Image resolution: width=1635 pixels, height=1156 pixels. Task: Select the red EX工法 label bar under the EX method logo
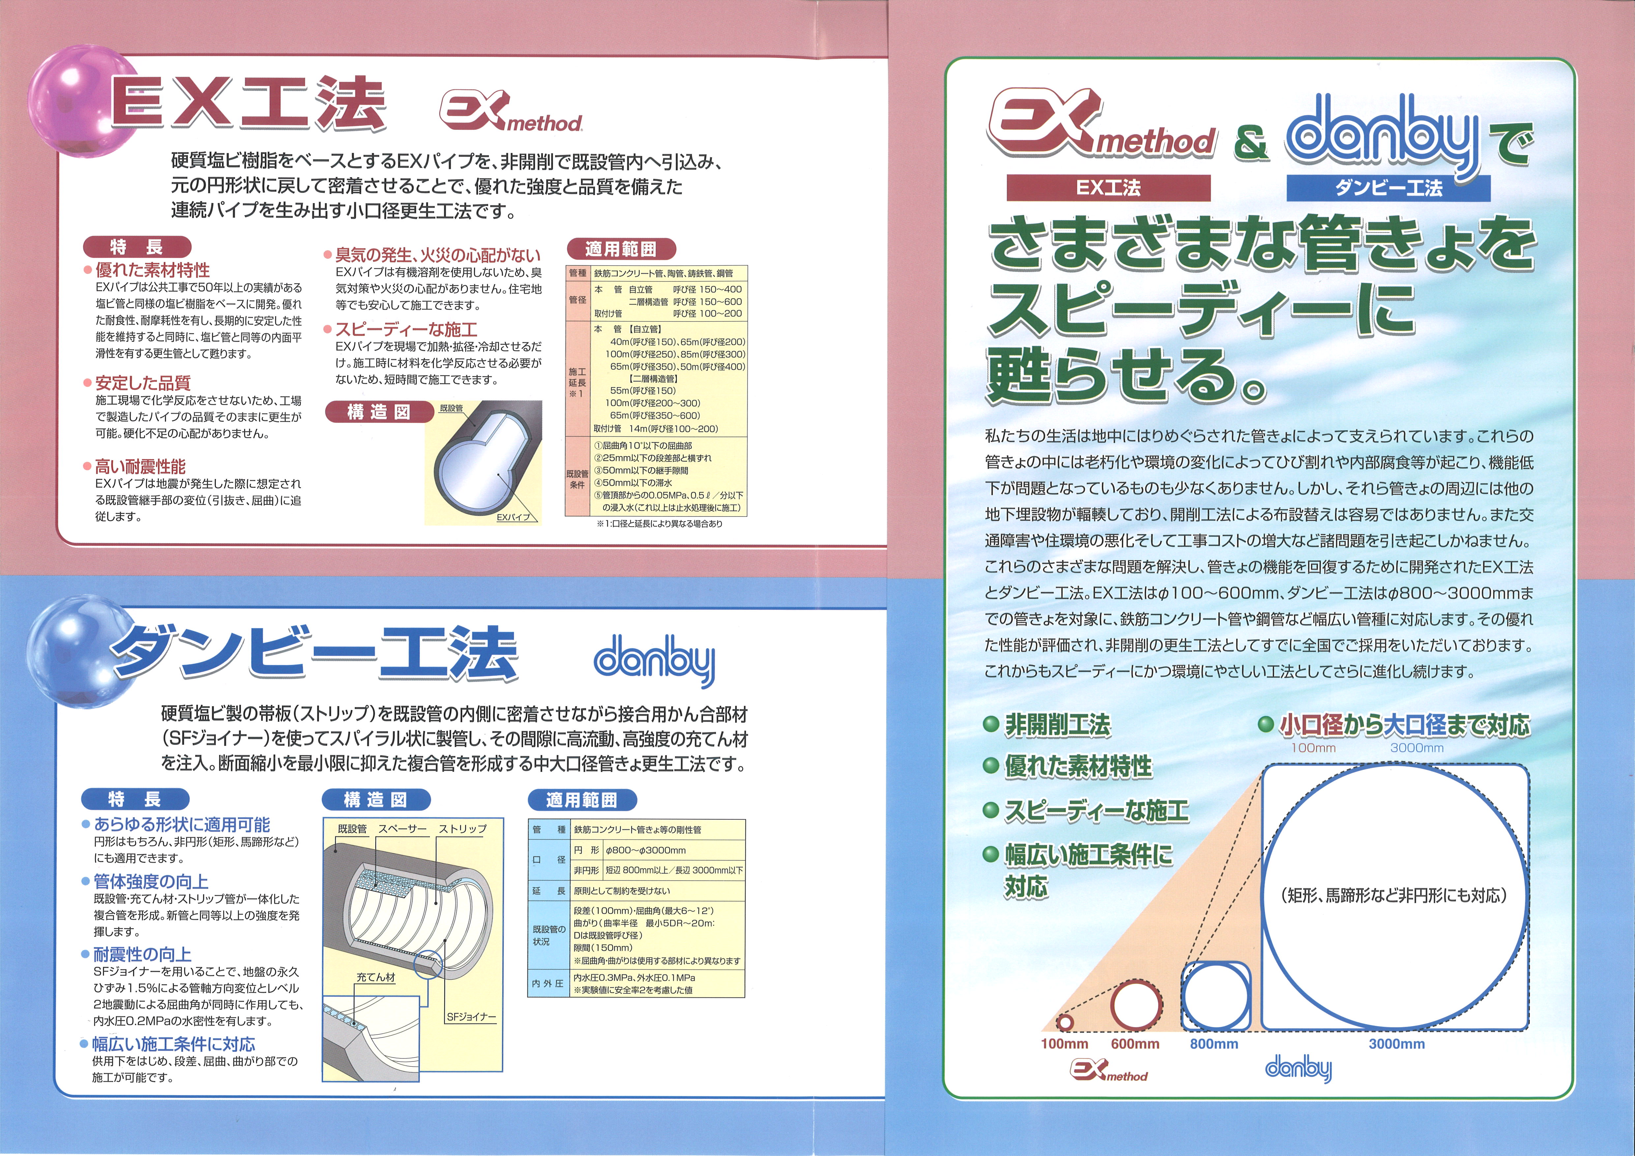(x=1108, y=188)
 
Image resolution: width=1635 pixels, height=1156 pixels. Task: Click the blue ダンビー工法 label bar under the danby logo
(x=1389, y=188)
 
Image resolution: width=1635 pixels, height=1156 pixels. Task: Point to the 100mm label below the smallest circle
(x=1065, y=1044)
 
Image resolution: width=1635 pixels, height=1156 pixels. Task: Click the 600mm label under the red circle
(x=1135, y=1044)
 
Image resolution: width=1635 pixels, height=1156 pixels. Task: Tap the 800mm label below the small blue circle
(x=1214, y=1044)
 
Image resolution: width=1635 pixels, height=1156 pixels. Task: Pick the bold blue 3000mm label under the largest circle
(x=1396, y=1044)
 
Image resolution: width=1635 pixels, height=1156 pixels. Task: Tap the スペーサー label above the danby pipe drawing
(x=402, y=829)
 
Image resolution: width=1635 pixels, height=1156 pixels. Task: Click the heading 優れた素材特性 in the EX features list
(x=152, y=270)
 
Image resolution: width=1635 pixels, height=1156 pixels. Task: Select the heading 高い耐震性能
(x=140, y=466)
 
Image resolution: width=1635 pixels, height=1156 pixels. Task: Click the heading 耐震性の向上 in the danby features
(x=142, y=954)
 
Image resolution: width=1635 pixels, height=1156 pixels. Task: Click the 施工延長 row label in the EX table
(x=578, y=377)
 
